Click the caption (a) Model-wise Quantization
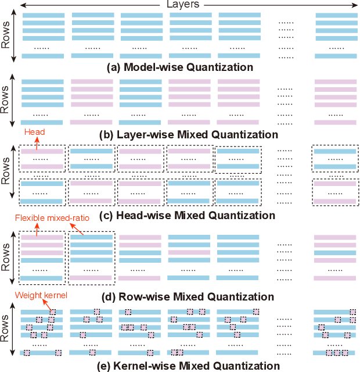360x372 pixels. [181, 67]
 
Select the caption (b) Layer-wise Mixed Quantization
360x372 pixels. [181, 135]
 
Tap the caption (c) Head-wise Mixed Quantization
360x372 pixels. [181, 216]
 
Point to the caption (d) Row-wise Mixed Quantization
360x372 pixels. [181, 297]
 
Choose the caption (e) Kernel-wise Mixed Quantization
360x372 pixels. [181, 366]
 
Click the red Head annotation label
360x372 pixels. [34, 132]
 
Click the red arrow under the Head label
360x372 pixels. [26, 142]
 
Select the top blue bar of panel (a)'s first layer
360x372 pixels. [42, 15]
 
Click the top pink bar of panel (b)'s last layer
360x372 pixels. [335, 82]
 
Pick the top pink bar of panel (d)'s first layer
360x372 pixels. [42, 237]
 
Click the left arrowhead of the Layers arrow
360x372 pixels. [21, 5]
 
